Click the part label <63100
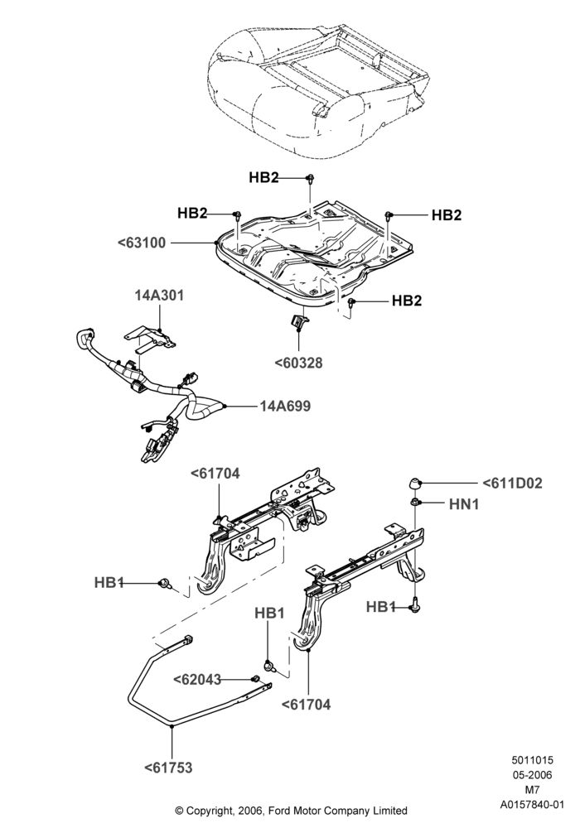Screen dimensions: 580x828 142,243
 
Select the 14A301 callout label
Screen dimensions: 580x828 159,296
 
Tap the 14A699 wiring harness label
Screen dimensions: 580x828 285,406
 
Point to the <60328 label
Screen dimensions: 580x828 298,363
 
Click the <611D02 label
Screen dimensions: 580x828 512,484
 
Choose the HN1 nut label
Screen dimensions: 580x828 464,504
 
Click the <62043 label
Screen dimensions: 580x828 197,679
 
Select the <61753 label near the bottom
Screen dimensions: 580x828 168,768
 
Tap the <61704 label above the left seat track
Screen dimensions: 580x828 215,474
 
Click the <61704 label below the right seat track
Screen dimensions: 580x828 306,704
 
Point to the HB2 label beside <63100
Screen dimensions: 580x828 192,213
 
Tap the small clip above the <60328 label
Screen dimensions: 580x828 299,321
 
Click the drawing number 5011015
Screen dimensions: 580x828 532,760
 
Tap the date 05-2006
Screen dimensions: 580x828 532,775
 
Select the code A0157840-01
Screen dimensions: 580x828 532,805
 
